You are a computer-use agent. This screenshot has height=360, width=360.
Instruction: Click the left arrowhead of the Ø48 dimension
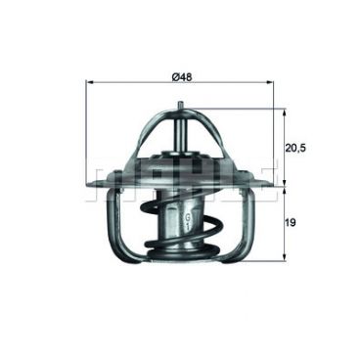[x=90, y=85]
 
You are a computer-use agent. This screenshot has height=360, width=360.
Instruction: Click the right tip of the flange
[x=273, y=184]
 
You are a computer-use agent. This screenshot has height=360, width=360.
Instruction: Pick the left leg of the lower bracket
[x=115, y=230]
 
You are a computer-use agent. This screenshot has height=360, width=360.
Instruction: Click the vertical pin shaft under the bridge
[x=181, y=132]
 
